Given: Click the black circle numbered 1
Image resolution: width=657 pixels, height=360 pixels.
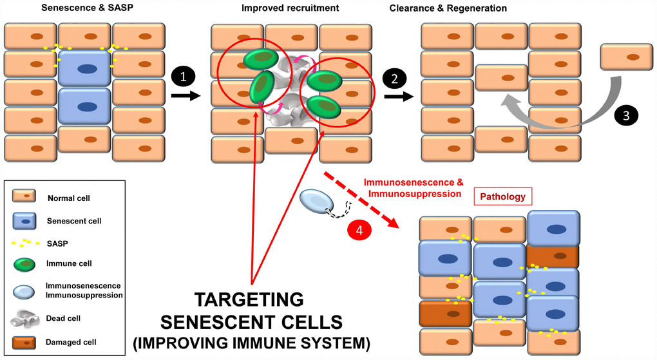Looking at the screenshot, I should (183, 77).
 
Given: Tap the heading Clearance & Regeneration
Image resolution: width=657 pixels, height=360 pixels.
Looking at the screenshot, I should (448, 9).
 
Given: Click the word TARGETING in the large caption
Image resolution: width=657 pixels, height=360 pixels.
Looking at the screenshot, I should (249, 300).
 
